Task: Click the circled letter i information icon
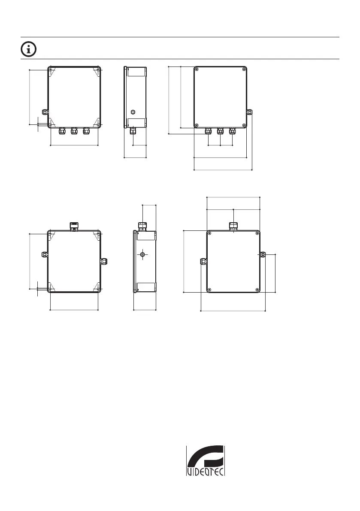tap(29, 49)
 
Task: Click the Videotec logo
tap(206, 460)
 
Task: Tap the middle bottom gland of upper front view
tap(220, 131)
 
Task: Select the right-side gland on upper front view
tap(249, 112)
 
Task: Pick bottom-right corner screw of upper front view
tap(244, 125)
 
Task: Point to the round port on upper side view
tap(132, 112)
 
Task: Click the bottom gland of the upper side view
tap(133, 131)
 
